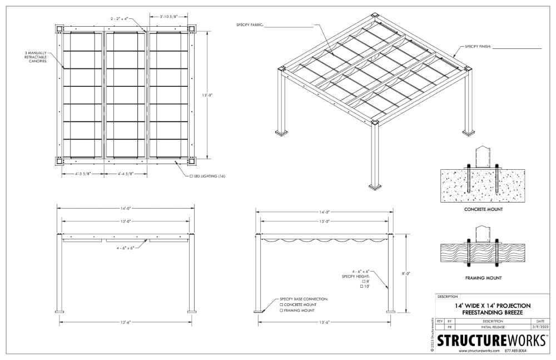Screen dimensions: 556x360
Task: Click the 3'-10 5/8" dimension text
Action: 168,16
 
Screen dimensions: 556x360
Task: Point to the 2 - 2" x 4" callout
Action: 119,18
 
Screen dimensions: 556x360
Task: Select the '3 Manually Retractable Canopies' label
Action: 36,57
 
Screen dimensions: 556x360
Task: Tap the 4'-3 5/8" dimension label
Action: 83,174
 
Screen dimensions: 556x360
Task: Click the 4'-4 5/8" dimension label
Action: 126,174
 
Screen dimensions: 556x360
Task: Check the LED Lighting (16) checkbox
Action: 191,176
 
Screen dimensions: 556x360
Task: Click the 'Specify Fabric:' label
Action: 250,25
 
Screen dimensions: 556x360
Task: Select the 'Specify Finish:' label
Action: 478,47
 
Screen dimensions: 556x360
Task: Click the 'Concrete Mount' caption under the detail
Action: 483,209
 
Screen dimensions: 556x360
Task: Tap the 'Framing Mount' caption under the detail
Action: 483,278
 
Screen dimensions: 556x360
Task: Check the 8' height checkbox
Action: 364,281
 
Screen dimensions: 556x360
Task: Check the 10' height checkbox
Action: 362,286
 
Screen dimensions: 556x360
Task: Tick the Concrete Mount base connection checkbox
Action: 281,304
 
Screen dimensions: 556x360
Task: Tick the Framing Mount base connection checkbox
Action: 281,310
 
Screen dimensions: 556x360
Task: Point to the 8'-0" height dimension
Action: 406,273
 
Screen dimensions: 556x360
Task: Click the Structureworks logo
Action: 492,340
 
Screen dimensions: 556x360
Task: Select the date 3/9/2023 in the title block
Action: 540,327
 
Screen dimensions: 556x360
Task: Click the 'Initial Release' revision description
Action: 493,327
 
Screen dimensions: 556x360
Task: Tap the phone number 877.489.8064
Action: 515,351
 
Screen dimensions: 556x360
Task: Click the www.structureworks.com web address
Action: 479,351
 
